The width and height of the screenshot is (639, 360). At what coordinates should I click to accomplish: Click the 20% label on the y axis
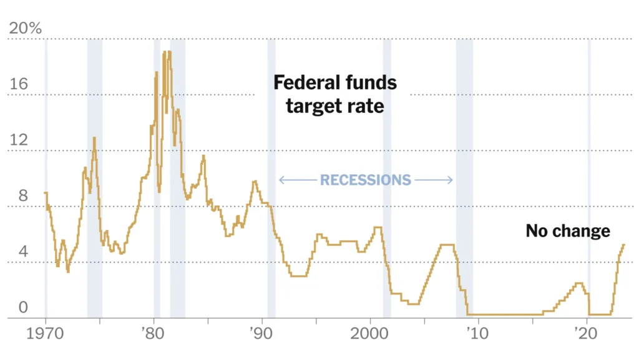[x=24, y=28]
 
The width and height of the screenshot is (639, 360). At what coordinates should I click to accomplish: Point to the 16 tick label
[x=19, y=84]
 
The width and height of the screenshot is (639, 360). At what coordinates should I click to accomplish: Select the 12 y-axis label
[x=19, y=140]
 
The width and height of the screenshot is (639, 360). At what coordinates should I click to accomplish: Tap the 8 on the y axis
[x=23, y=195]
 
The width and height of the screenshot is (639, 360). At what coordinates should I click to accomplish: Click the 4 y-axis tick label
[x=22, y=251]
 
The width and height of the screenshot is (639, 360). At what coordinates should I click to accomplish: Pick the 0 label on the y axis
[x=23, y=307]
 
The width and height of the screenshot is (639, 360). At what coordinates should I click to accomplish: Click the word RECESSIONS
[x=365, y=180]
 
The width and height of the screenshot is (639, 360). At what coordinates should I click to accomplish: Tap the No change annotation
[x=567, y=231]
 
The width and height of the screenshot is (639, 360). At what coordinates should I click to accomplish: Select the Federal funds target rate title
[x=335, y=94]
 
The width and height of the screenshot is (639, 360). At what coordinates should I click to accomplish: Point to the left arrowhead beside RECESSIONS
[x=281, y=180]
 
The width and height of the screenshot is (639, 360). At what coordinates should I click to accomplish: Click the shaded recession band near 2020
[x=589, y=187]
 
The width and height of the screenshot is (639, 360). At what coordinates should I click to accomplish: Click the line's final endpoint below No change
[x=623, y=245]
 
